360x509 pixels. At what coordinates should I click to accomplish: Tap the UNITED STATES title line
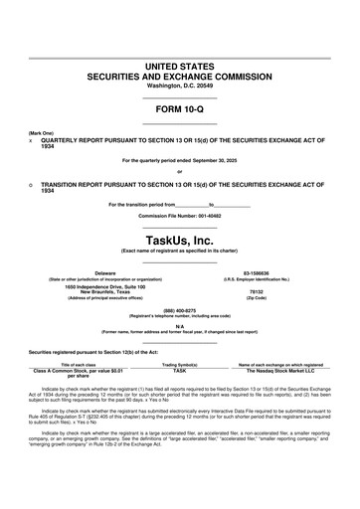point(180,65)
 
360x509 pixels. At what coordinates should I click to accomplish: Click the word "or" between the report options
point(180,171)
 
